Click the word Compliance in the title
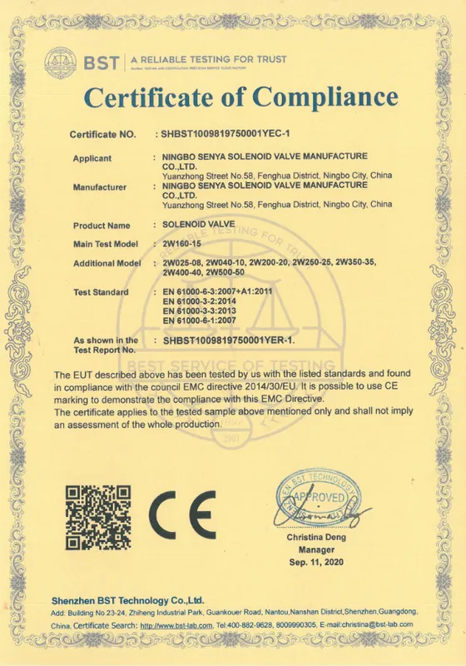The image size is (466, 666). pyautogui.click(x=325, y=97)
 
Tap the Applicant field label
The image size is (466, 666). pyautogui.click(x=92, y=157)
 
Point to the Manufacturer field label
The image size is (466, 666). pyautogui.click(x=100, y=187)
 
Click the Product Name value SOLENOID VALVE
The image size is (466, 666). pyautogui.click(x=199, y=225)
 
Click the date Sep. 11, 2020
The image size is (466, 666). pyautogui.click(x=315, y=564)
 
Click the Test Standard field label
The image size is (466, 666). pyautogui.click(x=101, y=292)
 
